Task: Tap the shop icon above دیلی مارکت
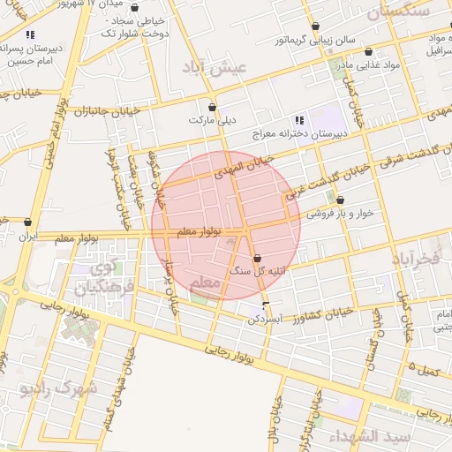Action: point(212,107)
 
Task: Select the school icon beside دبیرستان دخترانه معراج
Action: point(299,120)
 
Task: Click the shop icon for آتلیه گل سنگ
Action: point(257,259)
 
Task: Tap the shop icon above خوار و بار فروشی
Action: point(340,200)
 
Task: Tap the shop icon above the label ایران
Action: point(29,223)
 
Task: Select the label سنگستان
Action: point(396,11)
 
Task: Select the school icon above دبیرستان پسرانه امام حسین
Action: point(30,34)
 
